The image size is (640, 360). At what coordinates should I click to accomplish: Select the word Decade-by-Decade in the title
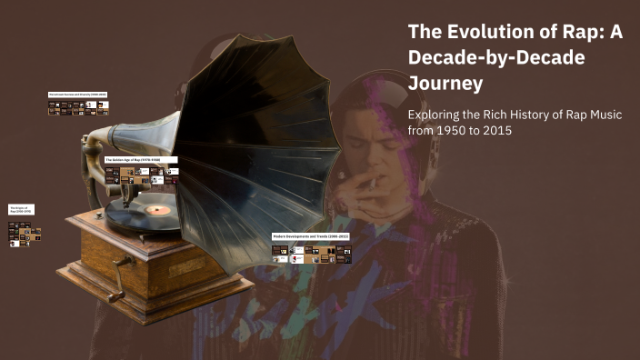[x=495, y=57]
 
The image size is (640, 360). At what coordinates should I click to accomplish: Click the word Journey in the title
[x=445, y=84]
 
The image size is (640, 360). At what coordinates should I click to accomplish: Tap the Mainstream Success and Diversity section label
[x=77, y=95]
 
